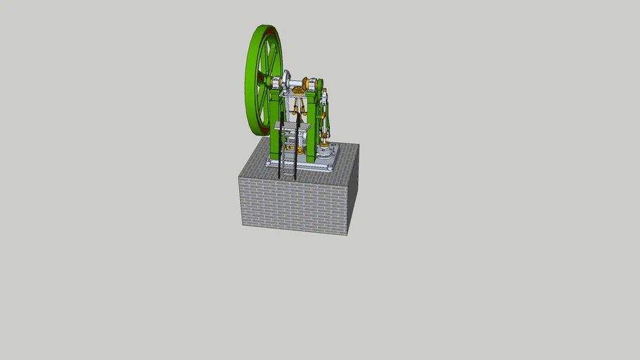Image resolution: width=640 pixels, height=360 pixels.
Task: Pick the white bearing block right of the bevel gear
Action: [x=318, y=86]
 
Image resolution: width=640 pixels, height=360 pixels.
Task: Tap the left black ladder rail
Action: [x=281, y=144]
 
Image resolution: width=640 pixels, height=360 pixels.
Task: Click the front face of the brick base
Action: [x=292, y=204]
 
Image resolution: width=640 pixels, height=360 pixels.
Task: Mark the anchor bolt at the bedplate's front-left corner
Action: [x=269, y=162]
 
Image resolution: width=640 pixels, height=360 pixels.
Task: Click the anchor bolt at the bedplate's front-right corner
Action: [x=331, y=168]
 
